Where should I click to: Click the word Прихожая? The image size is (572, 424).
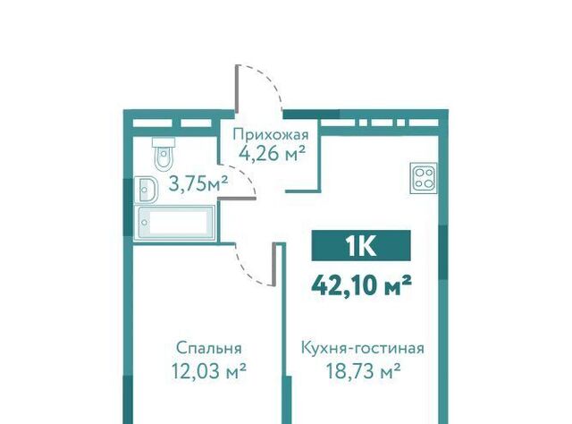coord(271,135)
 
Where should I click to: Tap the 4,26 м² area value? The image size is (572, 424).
coord(272,154)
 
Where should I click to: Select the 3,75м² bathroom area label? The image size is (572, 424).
coord(198,183)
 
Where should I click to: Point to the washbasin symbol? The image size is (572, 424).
coord(146,190)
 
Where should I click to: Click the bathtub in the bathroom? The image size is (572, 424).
coord(174,223)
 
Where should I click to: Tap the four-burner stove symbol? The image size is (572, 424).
coord(424,177)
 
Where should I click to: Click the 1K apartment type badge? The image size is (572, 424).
coord(361,245)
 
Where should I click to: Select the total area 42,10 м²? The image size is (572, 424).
coord(361,284)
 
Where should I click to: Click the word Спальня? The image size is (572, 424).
coord(208,348)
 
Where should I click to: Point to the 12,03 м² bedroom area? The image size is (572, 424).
coord(208,371)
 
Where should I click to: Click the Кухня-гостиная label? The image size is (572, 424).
coord(363,348)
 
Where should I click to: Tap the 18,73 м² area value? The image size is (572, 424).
coord(363,371)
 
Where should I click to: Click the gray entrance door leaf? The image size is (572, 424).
coord(237,88)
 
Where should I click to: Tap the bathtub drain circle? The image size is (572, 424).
coord(145,223)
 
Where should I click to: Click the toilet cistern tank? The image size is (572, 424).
coord(164,141)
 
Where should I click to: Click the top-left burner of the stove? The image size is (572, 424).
coord(418,172)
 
